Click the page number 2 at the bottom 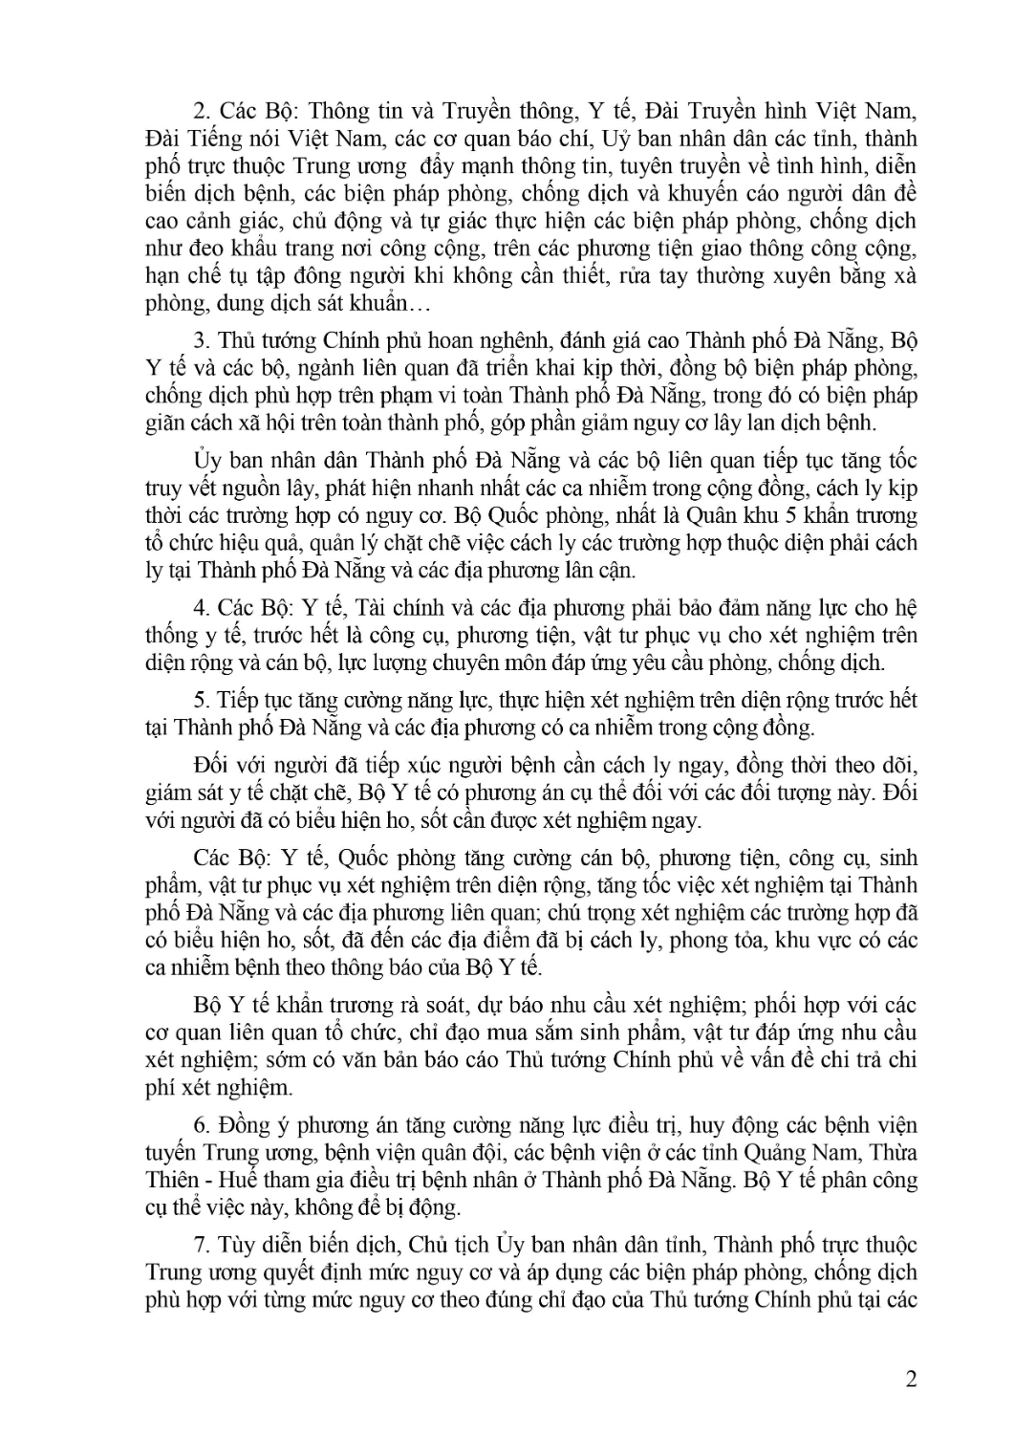tap(910, 1380)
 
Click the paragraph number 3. tap(200, 341)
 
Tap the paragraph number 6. tap(200, 1124)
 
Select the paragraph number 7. tap(200, 1246)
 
